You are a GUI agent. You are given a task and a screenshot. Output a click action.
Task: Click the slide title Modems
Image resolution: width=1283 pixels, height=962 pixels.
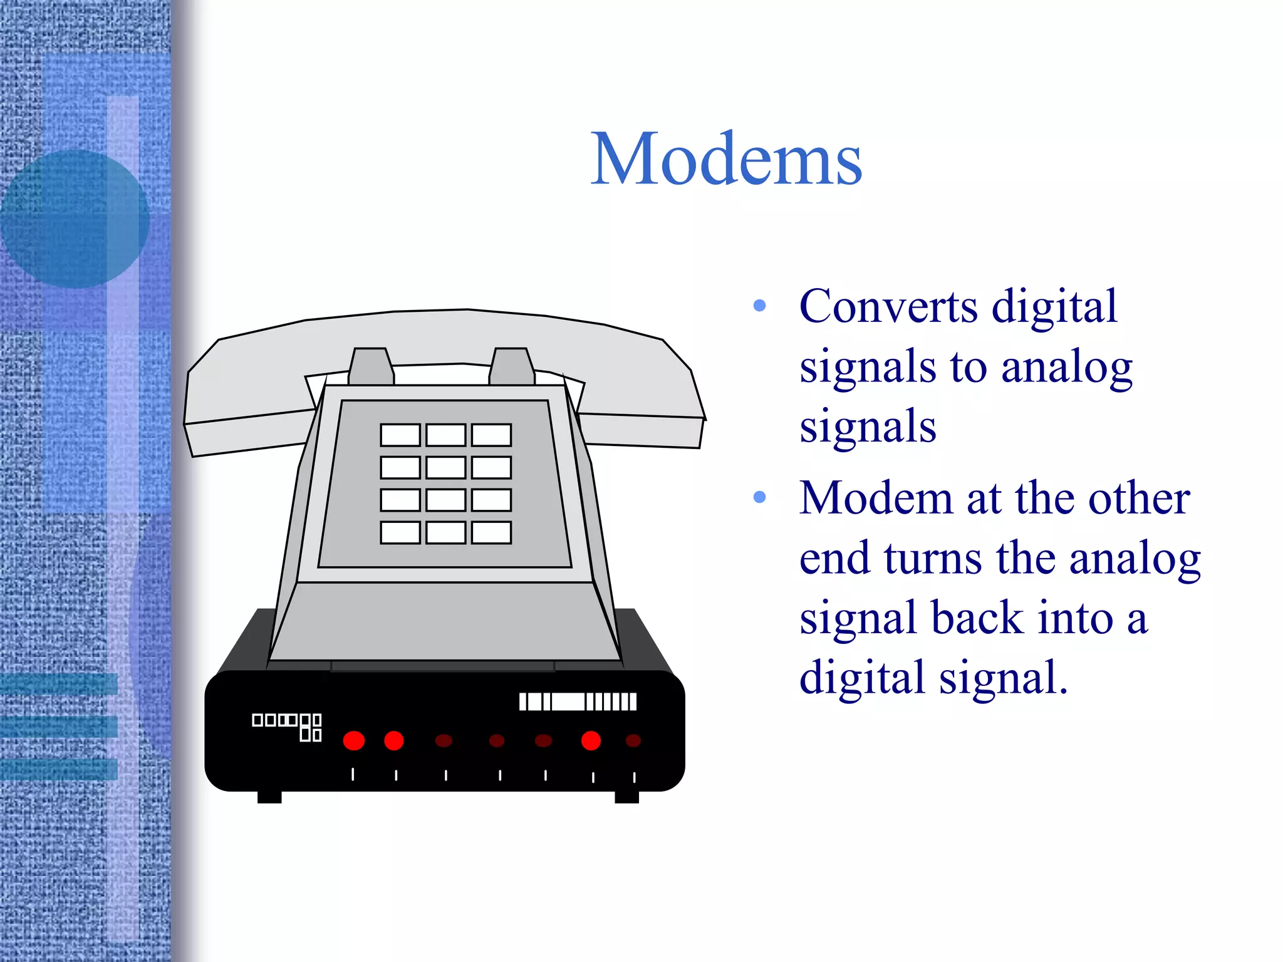(x=727, y=160)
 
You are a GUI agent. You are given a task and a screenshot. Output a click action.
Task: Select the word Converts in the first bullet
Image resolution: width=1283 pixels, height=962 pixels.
(x=888, y=307)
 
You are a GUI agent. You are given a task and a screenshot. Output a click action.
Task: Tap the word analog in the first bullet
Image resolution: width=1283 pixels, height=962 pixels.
(x=1066, y=367)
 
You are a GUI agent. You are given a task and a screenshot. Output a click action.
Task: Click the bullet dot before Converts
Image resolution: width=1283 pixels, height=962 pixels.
(x=760, y=306)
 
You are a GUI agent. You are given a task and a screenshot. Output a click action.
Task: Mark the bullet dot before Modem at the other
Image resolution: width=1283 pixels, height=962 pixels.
(x=760, y=498)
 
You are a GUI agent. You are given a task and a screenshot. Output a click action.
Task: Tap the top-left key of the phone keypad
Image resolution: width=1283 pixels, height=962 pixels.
(x=400, y=435)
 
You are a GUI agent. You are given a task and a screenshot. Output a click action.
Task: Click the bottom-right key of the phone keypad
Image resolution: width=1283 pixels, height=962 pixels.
(x=491, y=533)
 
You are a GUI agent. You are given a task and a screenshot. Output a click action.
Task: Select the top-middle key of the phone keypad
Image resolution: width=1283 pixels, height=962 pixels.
(x=445, y=435)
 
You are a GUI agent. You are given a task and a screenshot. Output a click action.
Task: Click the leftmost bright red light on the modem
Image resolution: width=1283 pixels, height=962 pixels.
(x=354, y=741)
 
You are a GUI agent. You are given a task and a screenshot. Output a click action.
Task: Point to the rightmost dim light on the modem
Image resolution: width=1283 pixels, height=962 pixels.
(x=633, y=741)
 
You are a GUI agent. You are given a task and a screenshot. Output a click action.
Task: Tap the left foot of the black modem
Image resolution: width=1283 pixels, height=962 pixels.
(x=269, y=797)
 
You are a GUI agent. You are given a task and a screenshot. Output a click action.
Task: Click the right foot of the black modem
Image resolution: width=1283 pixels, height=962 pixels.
(x=626, y=797)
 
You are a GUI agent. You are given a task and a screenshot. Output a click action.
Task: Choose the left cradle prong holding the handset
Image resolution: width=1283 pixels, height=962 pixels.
(x=371, y=367)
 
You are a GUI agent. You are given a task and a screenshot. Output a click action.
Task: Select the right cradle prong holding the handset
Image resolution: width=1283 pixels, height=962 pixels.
(x=511, y=367)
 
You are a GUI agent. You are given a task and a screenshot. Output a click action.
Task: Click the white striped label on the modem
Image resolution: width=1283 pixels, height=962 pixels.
(x=578, y=702)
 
